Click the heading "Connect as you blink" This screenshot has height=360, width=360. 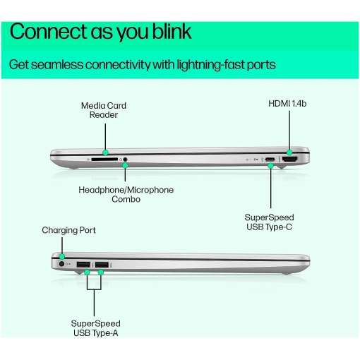(100, 32)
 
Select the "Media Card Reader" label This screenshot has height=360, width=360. (104, 110)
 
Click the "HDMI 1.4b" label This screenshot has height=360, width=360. (287, 104)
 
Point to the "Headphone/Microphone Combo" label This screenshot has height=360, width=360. (126, 194)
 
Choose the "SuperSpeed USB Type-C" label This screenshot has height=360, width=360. (269, 222)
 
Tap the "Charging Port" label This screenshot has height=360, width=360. (68, 230)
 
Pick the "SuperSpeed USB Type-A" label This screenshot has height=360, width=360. (95, 328)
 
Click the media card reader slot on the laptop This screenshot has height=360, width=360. (104, 160)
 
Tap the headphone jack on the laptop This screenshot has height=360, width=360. (125, 160)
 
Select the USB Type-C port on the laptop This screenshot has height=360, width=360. (270, 160)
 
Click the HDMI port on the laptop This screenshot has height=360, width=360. (289, 160)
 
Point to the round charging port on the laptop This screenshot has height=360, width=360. (61, 264)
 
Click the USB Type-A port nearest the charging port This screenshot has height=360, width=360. (83, 265)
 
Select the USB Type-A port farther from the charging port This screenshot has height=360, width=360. (102, 265)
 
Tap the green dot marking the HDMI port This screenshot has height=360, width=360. (289, 152)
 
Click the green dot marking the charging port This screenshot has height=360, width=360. (62, 256)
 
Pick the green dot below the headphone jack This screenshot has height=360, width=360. (125, 166)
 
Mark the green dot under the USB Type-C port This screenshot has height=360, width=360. (271, 166)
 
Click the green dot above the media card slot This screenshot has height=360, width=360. (106, 152)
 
